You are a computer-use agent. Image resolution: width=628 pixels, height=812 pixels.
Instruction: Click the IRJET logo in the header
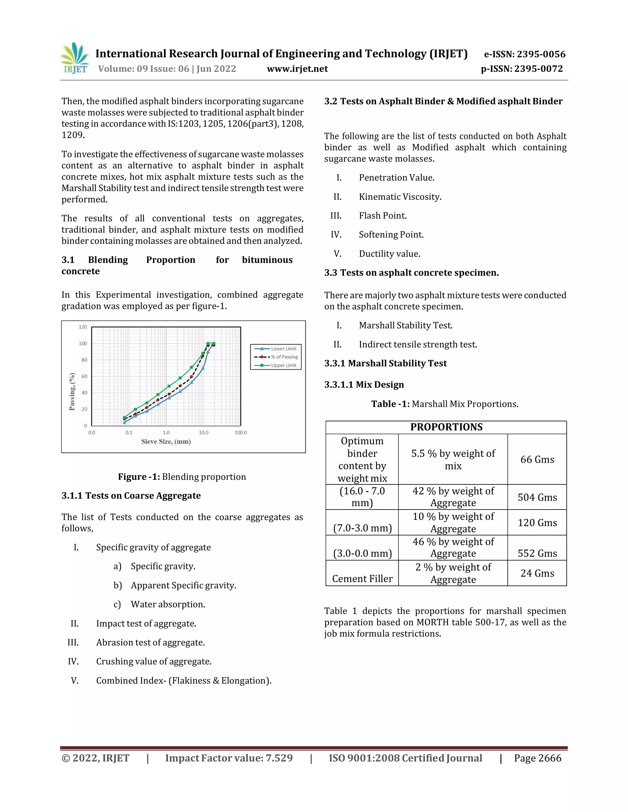coord(75,58)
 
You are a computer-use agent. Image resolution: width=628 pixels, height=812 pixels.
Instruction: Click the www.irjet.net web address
coord(297,69)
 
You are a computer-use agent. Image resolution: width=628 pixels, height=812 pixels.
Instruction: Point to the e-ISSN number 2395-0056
coord(525,54)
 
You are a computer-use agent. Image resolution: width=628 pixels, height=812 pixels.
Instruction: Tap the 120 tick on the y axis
coord(82,327)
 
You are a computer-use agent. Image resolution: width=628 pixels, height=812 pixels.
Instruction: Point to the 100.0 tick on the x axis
coord(240,432)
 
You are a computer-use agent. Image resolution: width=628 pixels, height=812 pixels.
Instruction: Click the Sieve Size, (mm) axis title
coord(166,441)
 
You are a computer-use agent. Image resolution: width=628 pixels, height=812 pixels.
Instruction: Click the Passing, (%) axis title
coord(72,392)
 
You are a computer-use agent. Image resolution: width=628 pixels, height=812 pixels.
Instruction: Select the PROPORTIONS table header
coord(446,427)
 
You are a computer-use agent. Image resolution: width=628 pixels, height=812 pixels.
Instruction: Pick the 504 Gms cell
coord(537,497)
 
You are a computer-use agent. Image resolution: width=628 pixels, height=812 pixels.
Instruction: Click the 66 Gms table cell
coord(537,460)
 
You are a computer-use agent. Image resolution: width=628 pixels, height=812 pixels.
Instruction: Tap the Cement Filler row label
coord(362,579)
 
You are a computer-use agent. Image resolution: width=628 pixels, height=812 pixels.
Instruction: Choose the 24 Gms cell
coord(537,573)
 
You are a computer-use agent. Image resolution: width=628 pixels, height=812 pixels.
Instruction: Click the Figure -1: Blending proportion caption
coord(182,477)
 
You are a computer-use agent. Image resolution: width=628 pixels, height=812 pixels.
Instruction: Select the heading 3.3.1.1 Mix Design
coord(364,385)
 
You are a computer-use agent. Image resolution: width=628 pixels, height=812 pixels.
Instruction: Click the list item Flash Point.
coord(382,216)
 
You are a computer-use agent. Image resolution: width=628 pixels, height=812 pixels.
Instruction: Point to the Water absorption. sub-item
coord(168,604)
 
